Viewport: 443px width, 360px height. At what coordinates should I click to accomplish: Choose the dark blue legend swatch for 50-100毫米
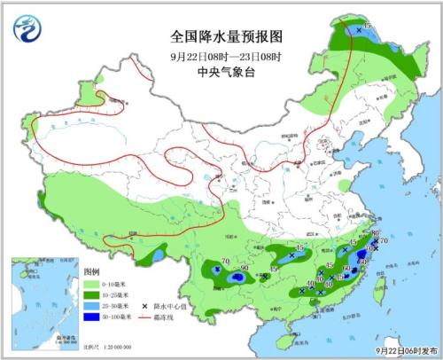(93, 316)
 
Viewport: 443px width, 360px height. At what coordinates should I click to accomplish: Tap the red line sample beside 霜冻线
(147, 316)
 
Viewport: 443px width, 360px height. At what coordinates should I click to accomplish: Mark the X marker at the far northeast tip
(358, 30)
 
